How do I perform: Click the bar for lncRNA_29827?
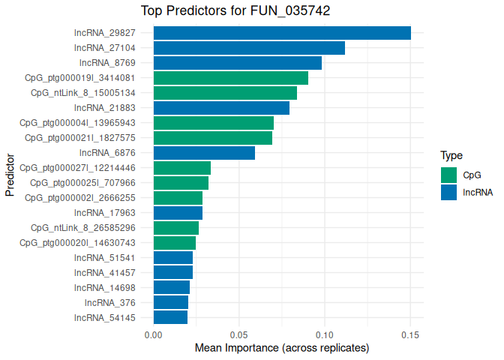point(282,33)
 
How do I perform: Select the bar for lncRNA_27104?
point(249,48)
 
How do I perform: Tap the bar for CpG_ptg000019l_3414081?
point(231,78)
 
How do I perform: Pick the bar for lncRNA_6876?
point(204,153)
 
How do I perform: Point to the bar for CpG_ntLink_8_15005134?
point(225,93)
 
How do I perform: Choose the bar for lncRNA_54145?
point(170,318)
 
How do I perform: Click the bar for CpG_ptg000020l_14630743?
point(175,243)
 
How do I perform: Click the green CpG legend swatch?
point(448,175)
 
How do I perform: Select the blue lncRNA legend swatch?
point(448,192)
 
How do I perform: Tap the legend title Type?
point(451,156)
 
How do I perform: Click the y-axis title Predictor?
point(10,175)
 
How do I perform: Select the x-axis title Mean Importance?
point(281,348)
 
